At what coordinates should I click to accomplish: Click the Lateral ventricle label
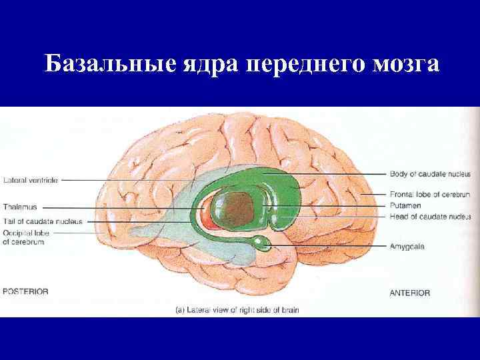coord(31,180)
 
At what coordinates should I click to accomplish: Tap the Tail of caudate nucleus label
coord(42,221)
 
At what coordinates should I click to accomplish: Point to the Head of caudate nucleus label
coord(430,217)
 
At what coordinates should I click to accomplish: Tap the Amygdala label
coord(407,246)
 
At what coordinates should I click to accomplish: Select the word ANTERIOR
coord(409,293)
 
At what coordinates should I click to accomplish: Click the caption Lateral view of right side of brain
coord(237,310)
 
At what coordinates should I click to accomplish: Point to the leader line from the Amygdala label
coord(327,246)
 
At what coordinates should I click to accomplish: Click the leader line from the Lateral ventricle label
coord(133,180)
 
